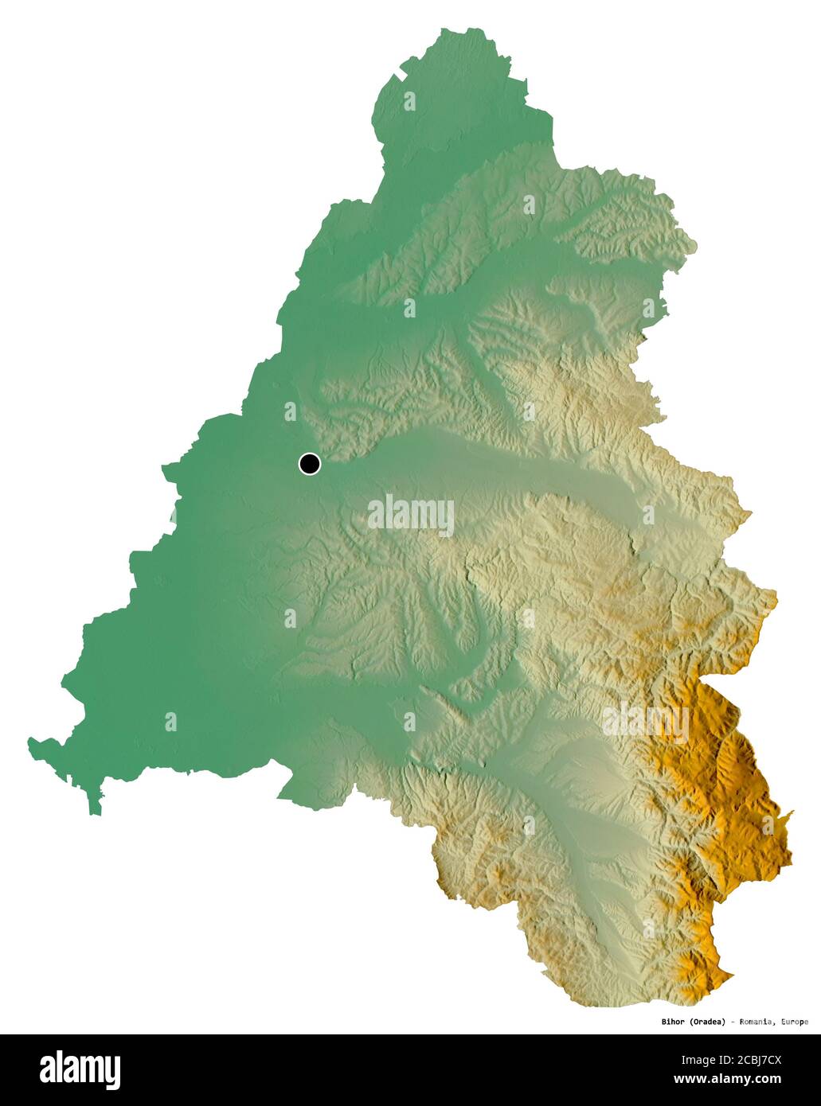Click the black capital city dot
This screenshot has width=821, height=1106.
(309, 463)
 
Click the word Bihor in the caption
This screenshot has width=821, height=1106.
(673, 1022)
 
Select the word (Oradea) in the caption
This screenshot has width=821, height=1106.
(707, 1022)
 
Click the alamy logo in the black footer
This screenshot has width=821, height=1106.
(80, 1070)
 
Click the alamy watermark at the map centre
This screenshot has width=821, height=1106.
(411, 515)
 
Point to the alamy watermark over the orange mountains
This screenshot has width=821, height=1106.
(646, 722)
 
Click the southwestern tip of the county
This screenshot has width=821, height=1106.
(96, 812)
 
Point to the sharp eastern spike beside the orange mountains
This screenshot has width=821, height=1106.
(791, 813)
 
